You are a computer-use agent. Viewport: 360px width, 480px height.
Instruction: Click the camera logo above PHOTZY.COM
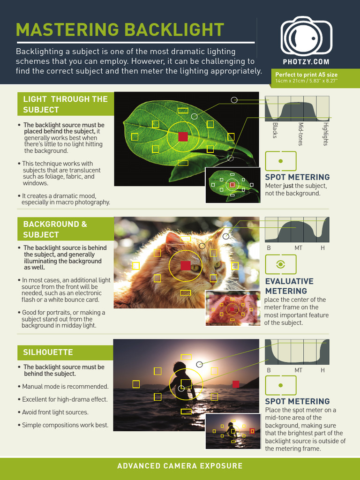pos(306,37)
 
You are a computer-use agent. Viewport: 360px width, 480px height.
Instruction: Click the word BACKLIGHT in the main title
pos(173,30)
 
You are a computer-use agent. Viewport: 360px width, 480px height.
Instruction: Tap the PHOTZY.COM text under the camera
pos(306,62)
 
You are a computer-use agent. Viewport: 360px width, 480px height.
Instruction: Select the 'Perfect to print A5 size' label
pos(306,75)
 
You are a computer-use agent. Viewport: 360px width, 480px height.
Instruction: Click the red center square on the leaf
pos(183,136)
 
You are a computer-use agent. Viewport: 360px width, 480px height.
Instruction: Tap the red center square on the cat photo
pos(186,266)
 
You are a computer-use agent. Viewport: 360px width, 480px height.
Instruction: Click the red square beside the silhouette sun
pos(236,384)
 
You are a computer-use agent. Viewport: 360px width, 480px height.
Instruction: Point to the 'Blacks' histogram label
pos(275,130)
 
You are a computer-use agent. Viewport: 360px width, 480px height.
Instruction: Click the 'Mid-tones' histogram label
pos(300,134)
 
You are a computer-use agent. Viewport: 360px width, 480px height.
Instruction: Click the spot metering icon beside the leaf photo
pos(281,161)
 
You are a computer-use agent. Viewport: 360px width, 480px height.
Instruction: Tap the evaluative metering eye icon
pos(281,264)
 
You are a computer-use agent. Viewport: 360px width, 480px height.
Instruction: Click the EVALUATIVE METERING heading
pos(289,286)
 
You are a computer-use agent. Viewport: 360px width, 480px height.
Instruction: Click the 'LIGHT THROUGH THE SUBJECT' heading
pos(65,104)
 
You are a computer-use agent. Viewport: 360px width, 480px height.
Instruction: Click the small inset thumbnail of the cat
pos(232,308)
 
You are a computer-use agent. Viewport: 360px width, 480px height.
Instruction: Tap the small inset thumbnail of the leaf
pos(232,185)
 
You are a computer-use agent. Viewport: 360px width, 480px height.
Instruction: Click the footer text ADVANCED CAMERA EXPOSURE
pos(180,466)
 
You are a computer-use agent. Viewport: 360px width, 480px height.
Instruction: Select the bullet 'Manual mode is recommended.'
pos(66,387)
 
